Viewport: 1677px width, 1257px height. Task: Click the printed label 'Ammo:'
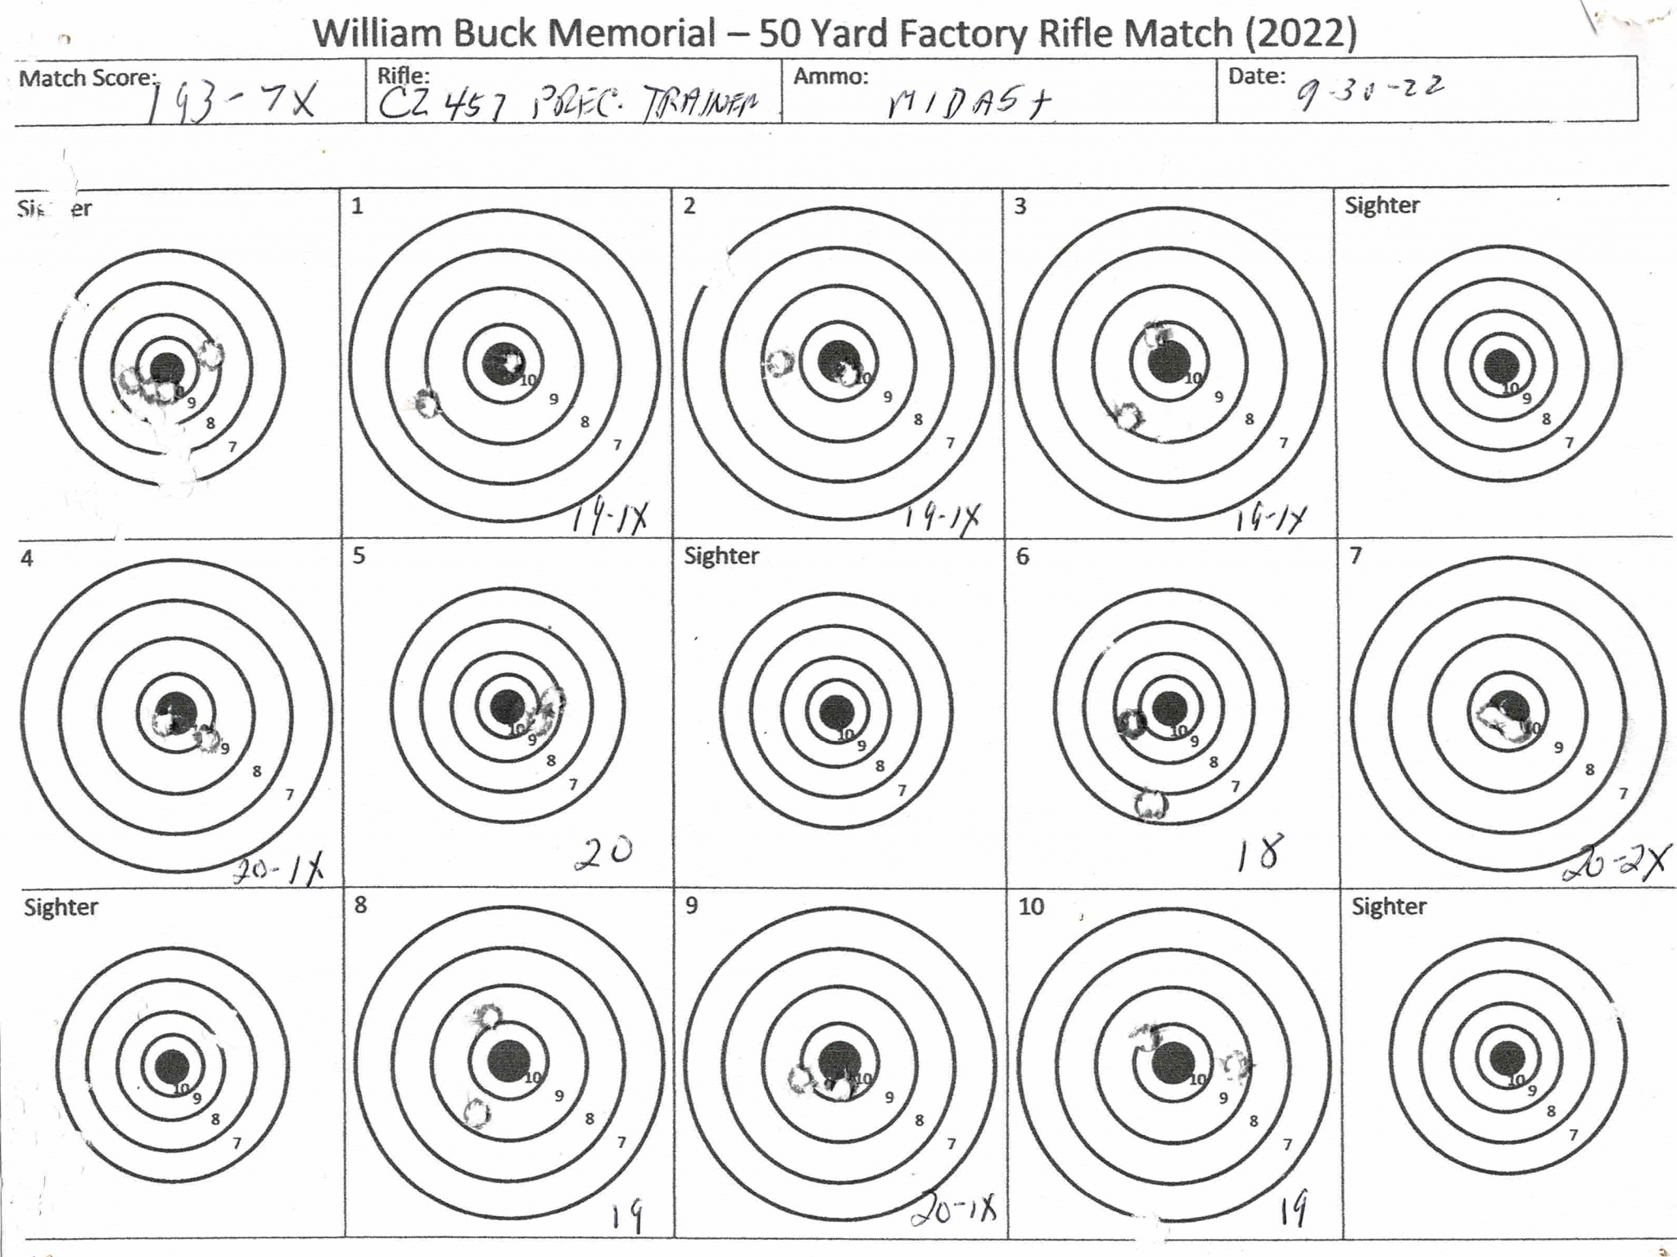pos(830,76)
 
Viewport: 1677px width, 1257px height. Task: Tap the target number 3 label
pos(1020,206)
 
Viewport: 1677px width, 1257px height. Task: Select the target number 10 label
pos(1031,907)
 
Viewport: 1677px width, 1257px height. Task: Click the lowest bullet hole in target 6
pos(1151,804)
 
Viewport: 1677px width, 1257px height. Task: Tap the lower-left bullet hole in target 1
pos(427,403)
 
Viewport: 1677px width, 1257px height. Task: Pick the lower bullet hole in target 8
pos(476,1113)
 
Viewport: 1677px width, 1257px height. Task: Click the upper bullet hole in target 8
pos(489,1016)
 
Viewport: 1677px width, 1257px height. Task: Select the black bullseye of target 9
pos(838,1060)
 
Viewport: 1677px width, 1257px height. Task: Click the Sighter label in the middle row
pos(721,556)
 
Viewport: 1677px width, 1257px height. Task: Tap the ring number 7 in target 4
pos(289,794)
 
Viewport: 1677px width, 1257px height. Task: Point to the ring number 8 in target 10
pos(1253,1121)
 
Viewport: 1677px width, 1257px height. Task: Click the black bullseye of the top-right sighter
pos(1502,365)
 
